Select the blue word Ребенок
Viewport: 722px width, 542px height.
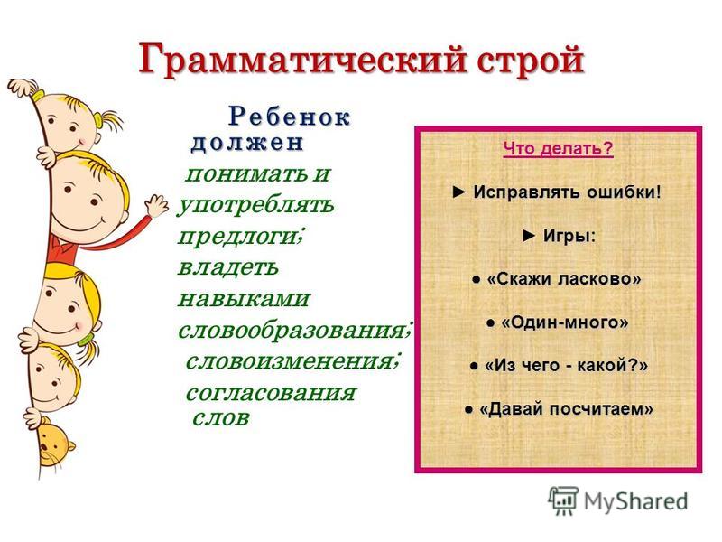[289, 117]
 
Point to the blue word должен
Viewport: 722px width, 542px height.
[246, 143]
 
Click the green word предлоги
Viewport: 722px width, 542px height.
[239, 237]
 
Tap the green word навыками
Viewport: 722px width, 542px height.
[244, 299]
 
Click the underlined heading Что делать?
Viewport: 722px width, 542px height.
[558, 149]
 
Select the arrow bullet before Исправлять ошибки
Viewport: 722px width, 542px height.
[459, 192]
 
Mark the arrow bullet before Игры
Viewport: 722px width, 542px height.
[529, 236]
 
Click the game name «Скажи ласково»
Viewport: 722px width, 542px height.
[563, 279]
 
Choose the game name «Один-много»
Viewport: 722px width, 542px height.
[565, 322]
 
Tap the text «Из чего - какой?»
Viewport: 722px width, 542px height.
[567, 366]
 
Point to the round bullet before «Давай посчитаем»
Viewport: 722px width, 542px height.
[468, 409]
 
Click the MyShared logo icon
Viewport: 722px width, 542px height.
[563, 500]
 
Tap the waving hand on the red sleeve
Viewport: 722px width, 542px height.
[156, 206]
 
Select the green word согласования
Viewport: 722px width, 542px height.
[271, 393]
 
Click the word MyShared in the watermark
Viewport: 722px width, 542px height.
[635, 501]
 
